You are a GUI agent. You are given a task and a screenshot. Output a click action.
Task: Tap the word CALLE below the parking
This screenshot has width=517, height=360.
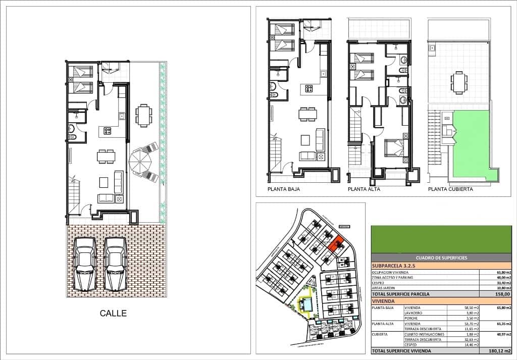pos(114,314)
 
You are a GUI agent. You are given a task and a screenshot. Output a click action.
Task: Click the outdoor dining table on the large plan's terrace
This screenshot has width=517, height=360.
pos(144,116)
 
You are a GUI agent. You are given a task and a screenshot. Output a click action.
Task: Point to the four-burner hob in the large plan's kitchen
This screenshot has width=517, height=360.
pos(108,131)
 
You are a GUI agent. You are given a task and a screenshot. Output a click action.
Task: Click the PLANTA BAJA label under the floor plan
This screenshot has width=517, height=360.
pos(284,190)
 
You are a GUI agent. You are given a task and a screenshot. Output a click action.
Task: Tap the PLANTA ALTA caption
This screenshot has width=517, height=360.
pos(364,190)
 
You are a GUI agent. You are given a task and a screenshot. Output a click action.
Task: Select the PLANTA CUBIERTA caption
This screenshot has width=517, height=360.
pos(450,190)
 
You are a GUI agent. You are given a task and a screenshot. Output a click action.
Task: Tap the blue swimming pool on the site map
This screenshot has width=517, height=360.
pos(306,305)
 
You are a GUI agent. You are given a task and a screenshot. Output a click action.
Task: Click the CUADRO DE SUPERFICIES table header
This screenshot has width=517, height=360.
pos(441,258)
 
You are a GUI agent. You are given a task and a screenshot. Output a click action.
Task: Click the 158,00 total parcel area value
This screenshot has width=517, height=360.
pos(504,294)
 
